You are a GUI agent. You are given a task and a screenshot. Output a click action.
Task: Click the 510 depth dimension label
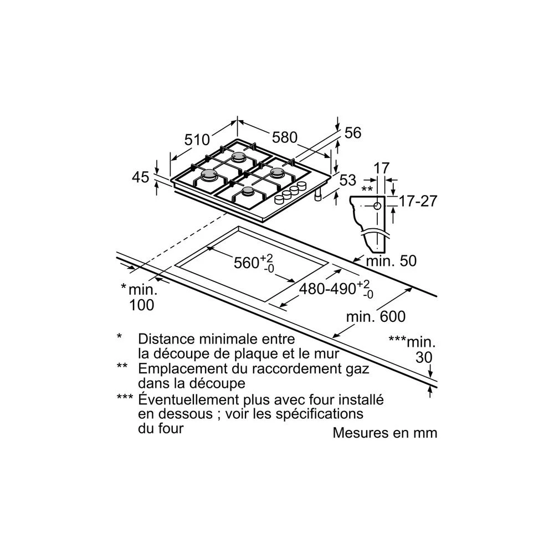click(x=197, y=140)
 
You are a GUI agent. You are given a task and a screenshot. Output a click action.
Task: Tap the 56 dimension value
click(x=353, y=133)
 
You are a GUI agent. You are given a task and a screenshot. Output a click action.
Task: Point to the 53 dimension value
click(x=347, y=180)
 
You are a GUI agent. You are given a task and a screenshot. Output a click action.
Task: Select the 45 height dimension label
click(x=141, y=177)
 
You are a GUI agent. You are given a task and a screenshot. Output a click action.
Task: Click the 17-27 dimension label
click(x=418, y=201)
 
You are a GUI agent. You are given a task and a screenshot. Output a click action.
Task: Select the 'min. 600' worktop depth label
click(x=376, y=317)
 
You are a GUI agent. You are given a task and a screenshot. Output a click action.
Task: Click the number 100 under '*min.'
click(x=142, y=304)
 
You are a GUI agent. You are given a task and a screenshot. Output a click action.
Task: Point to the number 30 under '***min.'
click(x=423, y=358)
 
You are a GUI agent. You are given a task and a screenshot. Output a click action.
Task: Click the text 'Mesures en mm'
click(x=384, y=433)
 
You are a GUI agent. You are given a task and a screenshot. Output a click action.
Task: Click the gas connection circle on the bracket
click(x=377, y=206)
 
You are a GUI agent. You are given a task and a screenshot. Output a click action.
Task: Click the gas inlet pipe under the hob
click(x=318, y=197)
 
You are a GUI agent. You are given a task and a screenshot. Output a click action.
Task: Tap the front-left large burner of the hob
click(x=209, y=176)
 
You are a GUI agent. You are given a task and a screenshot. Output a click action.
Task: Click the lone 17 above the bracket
click(x=382, y=168)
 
